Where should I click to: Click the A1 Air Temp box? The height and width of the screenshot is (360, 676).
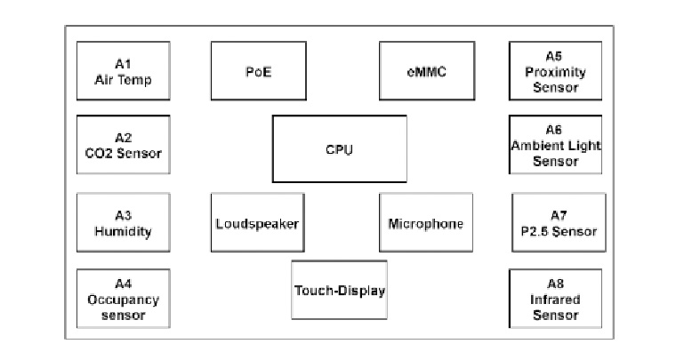coord(123,71)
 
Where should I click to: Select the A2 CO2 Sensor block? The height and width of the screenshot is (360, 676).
coord(123,145)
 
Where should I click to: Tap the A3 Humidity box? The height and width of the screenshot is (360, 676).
coord(123,223)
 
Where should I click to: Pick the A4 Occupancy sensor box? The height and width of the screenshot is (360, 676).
coord(123,299)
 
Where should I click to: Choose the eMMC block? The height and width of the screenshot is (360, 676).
coord(424,71)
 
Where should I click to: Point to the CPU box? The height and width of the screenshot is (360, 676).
coord(339,148)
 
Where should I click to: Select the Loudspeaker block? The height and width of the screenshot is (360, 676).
coord(256,223)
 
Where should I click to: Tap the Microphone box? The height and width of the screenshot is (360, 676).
coord(425,223)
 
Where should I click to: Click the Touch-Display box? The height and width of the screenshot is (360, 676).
coord(339,290)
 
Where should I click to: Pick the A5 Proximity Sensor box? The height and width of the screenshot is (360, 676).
coord(554,71)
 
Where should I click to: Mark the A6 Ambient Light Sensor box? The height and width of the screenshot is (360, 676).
coord(555,145)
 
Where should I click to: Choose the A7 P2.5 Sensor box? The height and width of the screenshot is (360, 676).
coord(559,223)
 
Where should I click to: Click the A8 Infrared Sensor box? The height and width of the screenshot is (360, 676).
coord(555,299)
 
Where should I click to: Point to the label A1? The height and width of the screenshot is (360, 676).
coord(123,64)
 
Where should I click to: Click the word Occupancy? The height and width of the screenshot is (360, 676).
coord(123,300)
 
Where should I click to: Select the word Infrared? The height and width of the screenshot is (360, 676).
coord(555,300)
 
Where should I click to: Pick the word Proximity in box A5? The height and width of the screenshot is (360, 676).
coord(554,72)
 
